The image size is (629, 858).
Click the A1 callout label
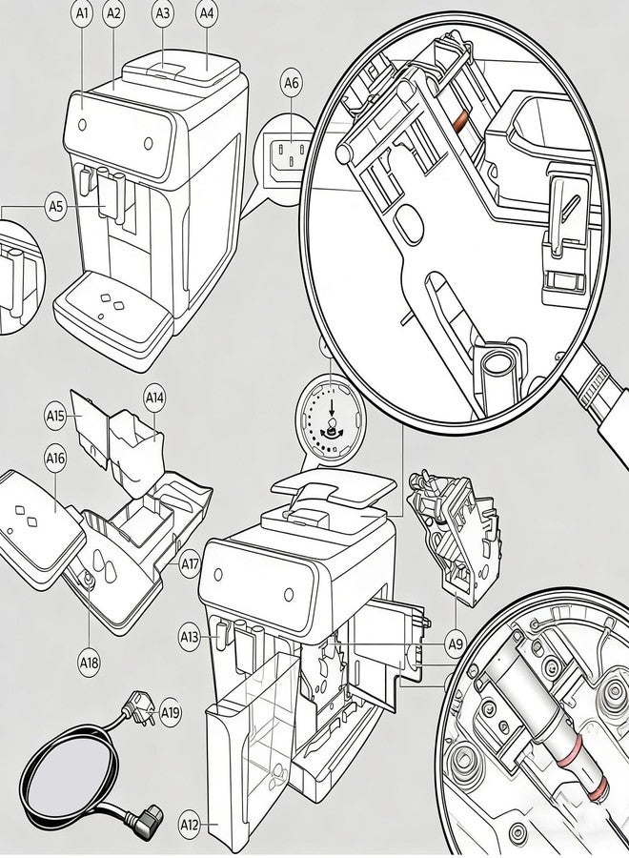pyautogui.click(x=82, y=13)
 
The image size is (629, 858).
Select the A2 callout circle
pyautogui.click(x=113, y=13)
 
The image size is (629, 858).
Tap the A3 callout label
pyautogui.click(x=163, y=13)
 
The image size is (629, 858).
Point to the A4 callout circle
pyautogui.click(x=206, y=13)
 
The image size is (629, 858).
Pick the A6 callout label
pyautogui.click(x=292, y=83)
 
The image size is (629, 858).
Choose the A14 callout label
pyautogui.click(x=154, y=398)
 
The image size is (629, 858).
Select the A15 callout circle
pyautogui.click(x=55, y=417)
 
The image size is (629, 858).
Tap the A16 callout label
pyautogui.click(x=55, y=459)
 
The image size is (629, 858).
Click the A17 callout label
pyautogui.click(x=190, y=563)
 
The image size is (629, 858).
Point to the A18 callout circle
pyautogui.click(x=90, y=664)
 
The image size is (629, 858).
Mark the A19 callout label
pyautogui.click(x=171, y=713)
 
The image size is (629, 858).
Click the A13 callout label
pyautogui.click(x=191, y=637)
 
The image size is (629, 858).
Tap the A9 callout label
pyautogui.click(x=456, y=644)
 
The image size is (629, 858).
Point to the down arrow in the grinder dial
pyautogui.click(x=331, y=409)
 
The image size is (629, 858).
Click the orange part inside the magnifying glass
pyautogui.click(x=461, y=121)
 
